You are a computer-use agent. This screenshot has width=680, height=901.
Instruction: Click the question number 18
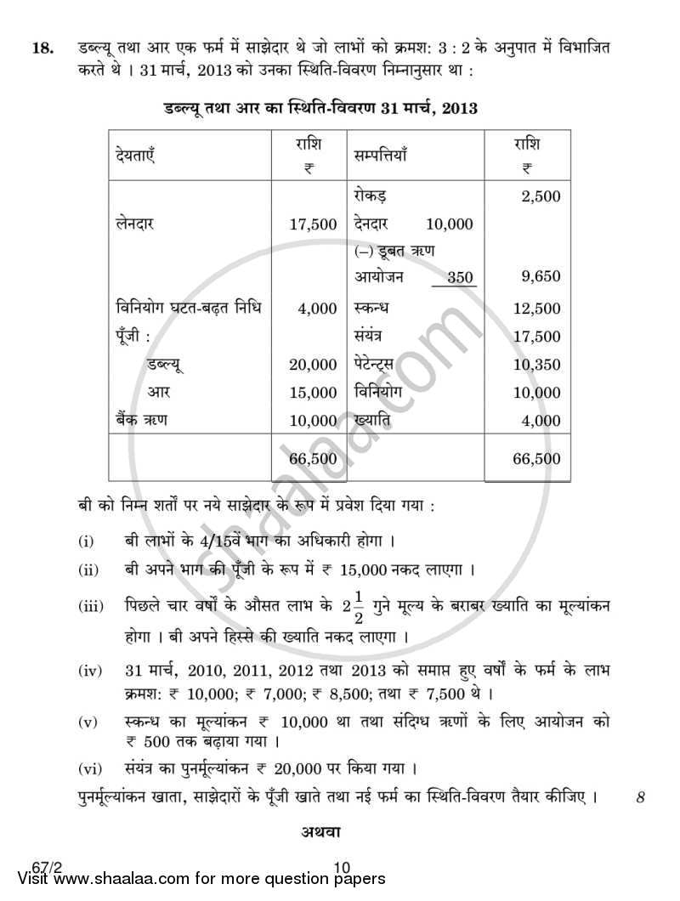click(40, 49)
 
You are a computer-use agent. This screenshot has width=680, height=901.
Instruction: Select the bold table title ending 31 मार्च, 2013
click(319, 109)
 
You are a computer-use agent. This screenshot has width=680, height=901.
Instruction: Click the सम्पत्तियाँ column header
click(381, 156)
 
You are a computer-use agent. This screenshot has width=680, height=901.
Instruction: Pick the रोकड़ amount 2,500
click(541, 196)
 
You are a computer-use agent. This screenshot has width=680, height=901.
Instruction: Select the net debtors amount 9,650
click(541, 277)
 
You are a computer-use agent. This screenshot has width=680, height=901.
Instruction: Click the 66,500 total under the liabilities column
click(313, 459)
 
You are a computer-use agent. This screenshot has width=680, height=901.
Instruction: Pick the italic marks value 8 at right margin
click(641, 798)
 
